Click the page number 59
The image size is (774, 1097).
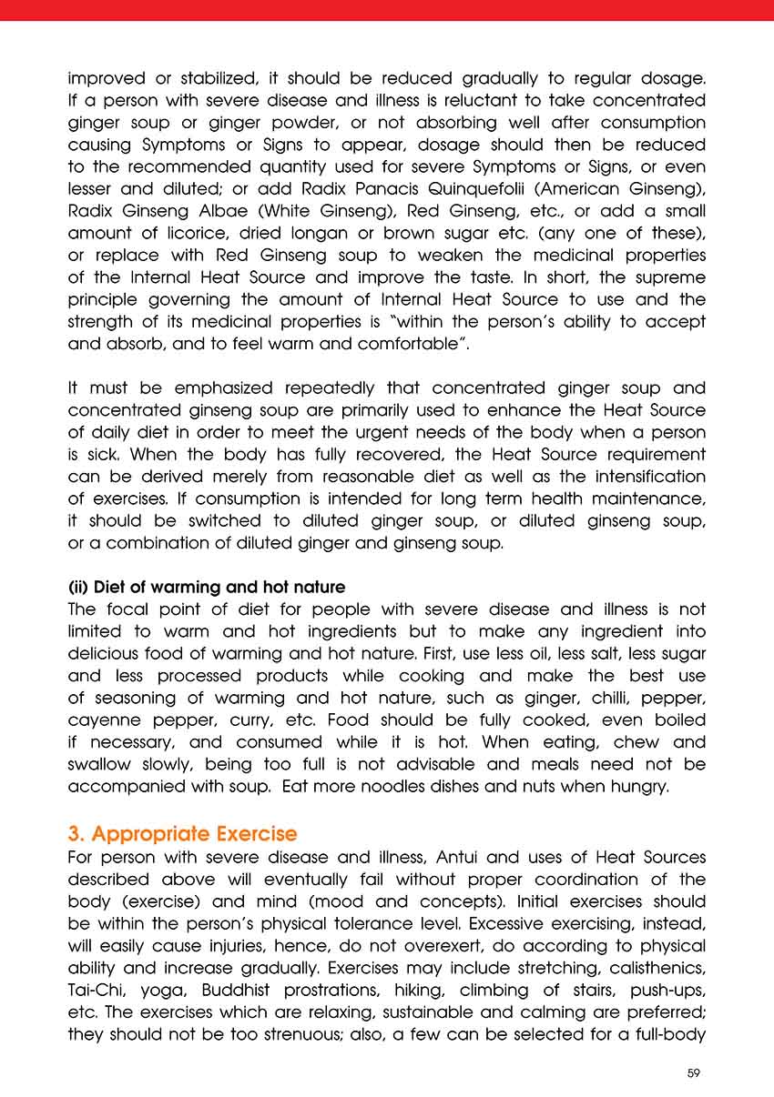(x=694, y=1073)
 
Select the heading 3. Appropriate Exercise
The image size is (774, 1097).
(x=182, y=834)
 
